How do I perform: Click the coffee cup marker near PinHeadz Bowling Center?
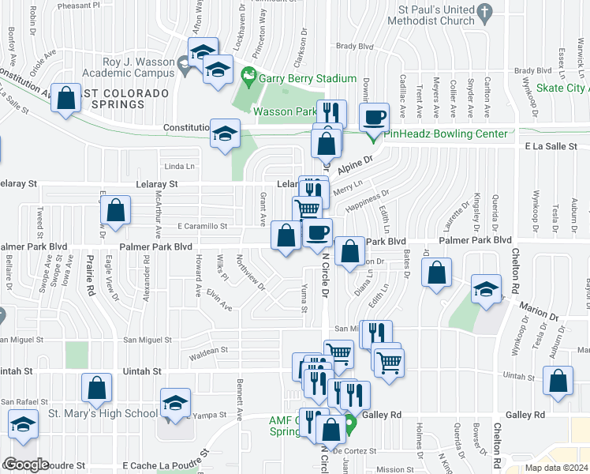coord(375,118)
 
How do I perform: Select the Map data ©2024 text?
coord(556,468)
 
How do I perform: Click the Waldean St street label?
coord(208,350)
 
